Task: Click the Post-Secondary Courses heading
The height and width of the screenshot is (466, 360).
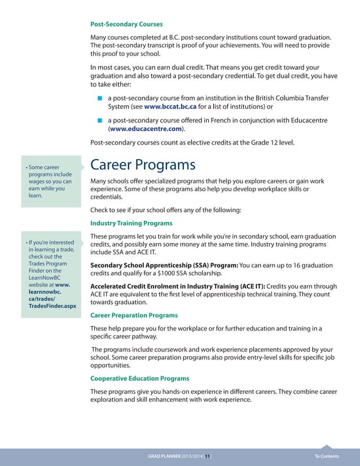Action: [126, 24]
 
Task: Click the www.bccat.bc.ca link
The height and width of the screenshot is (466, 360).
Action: [170, 106]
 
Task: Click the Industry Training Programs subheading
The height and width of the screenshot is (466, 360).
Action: [131, 223]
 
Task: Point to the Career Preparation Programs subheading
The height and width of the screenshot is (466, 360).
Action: [134, 315]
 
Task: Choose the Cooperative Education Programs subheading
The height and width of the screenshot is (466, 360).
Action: [139, 378]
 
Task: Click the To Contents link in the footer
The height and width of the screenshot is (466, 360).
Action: [327, 456]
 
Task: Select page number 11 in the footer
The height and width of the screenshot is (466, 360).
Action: [207, 456]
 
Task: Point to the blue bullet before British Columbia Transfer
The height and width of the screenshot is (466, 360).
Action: [99, 98]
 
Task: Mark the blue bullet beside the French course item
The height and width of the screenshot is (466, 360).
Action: [99, 120]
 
